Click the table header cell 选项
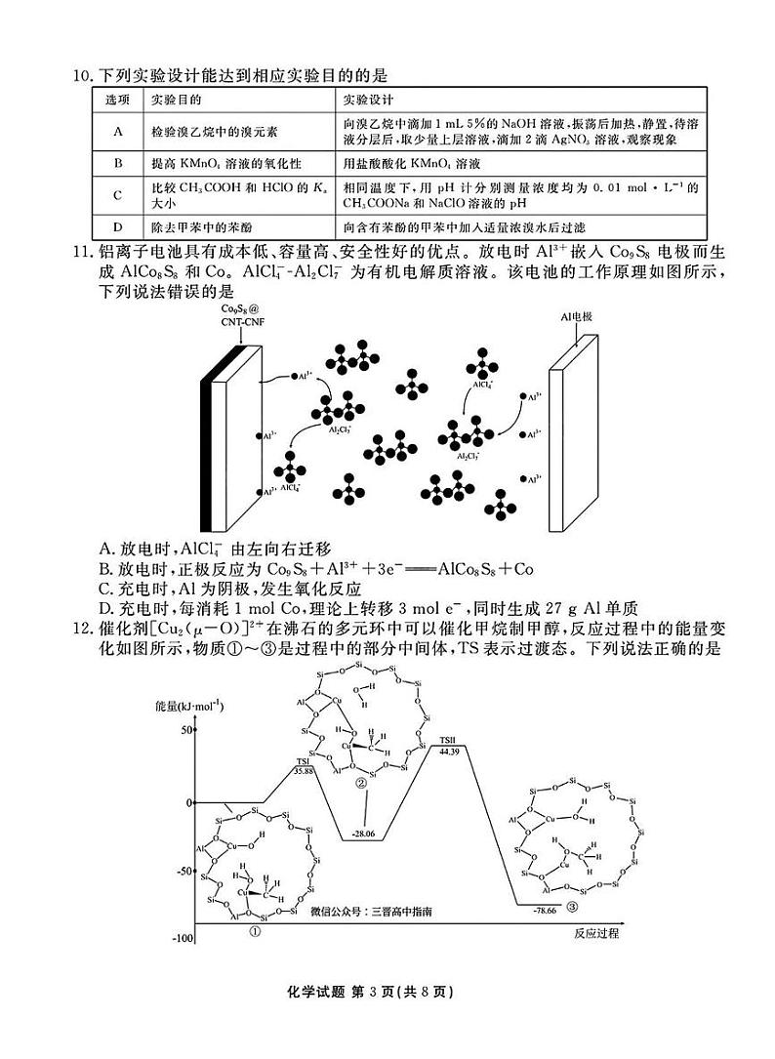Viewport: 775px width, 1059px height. click(117, 101)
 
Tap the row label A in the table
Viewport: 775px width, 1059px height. click(117, 132)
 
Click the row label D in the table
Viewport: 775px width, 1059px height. click(117, 227)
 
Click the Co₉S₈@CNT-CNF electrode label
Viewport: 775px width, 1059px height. click(235, 313)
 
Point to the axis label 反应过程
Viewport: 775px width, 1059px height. click(596, 933)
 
